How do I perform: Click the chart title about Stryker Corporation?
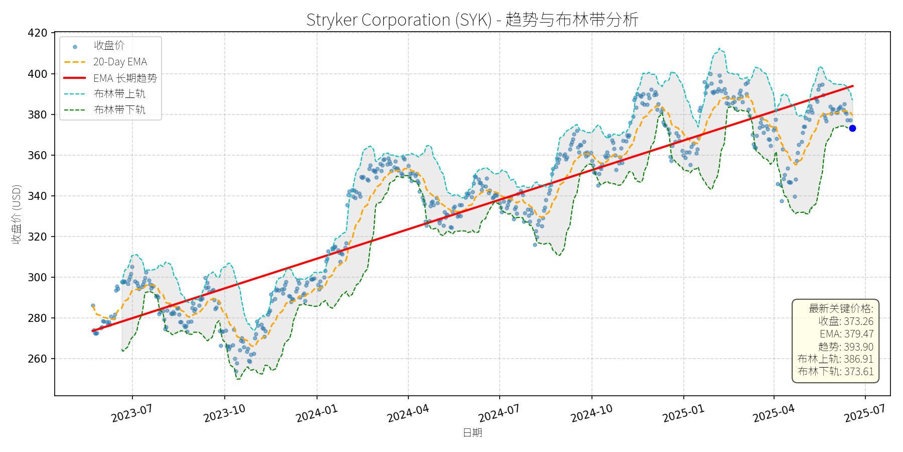(x=472, y=20)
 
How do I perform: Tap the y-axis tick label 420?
(x=38, y=33)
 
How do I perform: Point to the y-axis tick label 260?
(x=38, y=359)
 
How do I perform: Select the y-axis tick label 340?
(x=38, y=196)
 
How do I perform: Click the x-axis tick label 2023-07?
(x=131, y=413)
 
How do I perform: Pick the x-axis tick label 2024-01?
(x=317, y=413)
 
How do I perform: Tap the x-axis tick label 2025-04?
(x=774, y=413)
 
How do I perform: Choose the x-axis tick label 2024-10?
(x=591, y=413)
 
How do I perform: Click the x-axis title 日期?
(x=472, y=432)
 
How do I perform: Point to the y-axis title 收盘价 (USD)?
(x=17, y=214)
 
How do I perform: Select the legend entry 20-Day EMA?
(x=120, y=62)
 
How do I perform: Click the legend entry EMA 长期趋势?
(x=125, y=78)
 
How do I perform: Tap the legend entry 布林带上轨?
(x=119, y=94)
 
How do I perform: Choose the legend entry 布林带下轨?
(x=119, y=109)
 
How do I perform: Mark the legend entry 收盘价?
(x=109, y=46)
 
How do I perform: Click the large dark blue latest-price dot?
(x=852, y=129)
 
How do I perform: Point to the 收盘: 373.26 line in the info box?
(x=846, y=321)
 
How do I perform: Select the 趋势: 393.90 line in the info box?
(x=846, y=347)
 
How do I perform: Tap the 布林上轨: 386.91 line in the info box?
(x=835, y=359)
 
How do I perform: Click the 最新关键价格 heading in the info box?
(x=841, y=308)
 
